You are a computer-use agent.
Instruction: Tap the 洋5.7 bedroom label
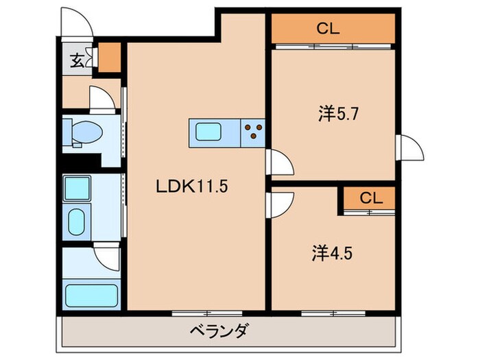[335, 114]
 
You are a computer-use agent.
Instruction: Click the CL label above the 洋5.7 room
[327, 28]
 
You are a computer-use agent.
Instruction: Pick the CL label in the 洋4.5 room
[370, 198]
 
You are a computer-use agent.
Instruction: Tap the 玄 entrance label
[75, 60]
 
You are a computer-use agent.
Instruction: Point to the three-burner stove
[253, 130]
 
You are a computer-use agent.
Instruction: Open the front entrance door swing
[75, 26]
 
